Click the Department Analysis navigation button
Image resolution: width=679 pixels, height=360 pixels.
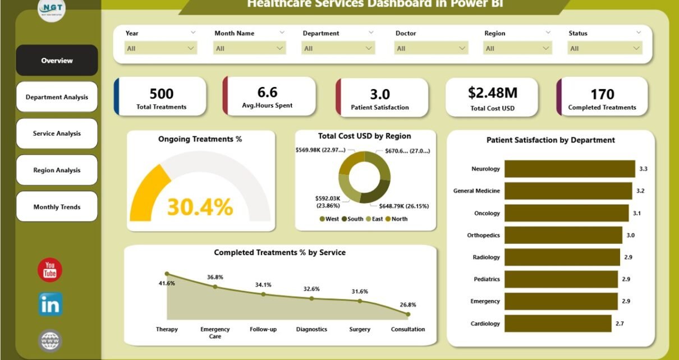click(x=57, y=97)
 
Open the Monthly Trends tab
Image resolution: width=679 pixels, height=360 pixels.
click(x=57, y=207)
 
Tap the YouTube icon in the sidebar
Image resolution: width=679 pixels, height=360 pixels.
click(x=50, y=270)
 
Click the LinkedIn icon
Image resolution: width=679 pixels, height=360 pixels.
click(x=50, y=304)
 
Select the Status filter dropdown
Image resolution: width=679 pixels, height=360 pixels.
click(x=604, y=49)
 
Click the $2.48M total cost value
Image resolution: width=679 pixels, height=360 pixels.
click(x=493, y=93)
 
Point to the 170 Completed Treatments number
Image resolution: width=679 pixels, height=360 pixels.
click(x=602, y=94)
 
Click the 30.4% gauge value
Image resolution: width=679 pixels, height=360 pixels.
click(x=200, y=207)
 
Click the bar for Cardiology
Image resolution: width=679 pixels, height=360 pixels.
click(x=558, y=324)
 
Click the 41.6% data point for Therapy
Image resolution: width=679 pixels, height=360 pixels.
click(x=167, y=274)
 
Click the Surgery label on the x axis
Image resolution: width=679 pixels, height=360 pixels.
click(x=360, y=329)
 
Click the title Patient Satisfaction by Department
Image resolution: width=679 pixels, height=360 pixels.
click(x=550, y=140)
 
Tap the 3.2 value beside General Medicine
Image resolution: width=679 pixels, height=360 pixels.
click(x=640, y=191)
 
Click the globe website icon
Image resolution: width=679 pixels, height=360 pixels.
click(x=50, y=340)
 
